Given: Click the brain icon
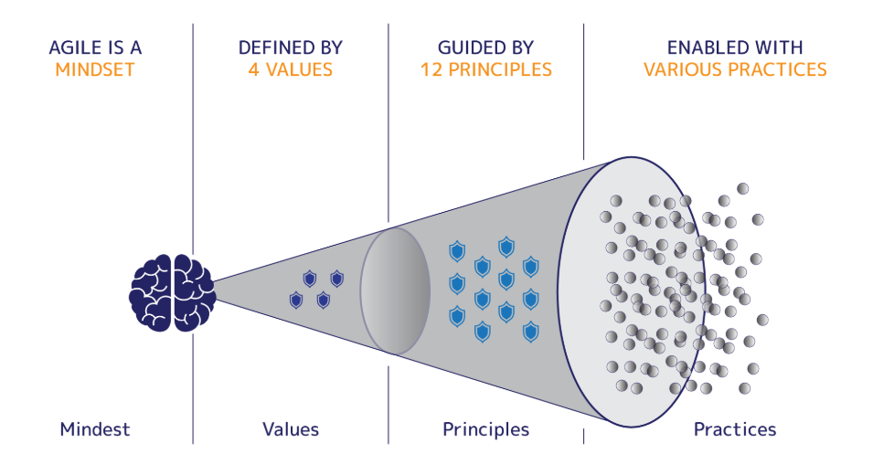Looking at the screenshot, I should click(x=173, y=292).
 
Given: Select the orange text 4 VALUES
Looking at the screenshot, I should click(x=290, y=69).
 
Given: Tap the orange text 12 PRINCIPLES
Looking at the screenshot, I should click(x=485, y=69).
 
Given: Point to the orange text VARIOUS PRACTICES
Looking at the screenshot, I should click(x=735, y=69).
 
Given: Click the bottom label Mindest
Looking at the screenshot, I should click(x=95, y=429).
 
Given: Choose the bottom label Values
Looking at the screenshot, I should click(x=291, y=429).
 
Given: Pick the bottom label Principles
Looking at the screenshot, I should click(x=485, y=429).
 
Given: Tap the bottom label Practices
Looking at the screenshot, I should click(x=735, y=429).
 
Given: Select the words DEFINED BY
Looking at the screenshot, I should click(x=291, y=47).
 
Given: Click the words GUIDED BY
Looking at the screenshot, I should click(x=485, y=47).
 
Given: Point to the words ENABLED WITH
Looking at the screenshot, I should click(x=735, y=47).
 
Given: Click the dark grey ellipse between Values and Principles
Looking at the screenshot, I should click(x=395, y=291).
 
